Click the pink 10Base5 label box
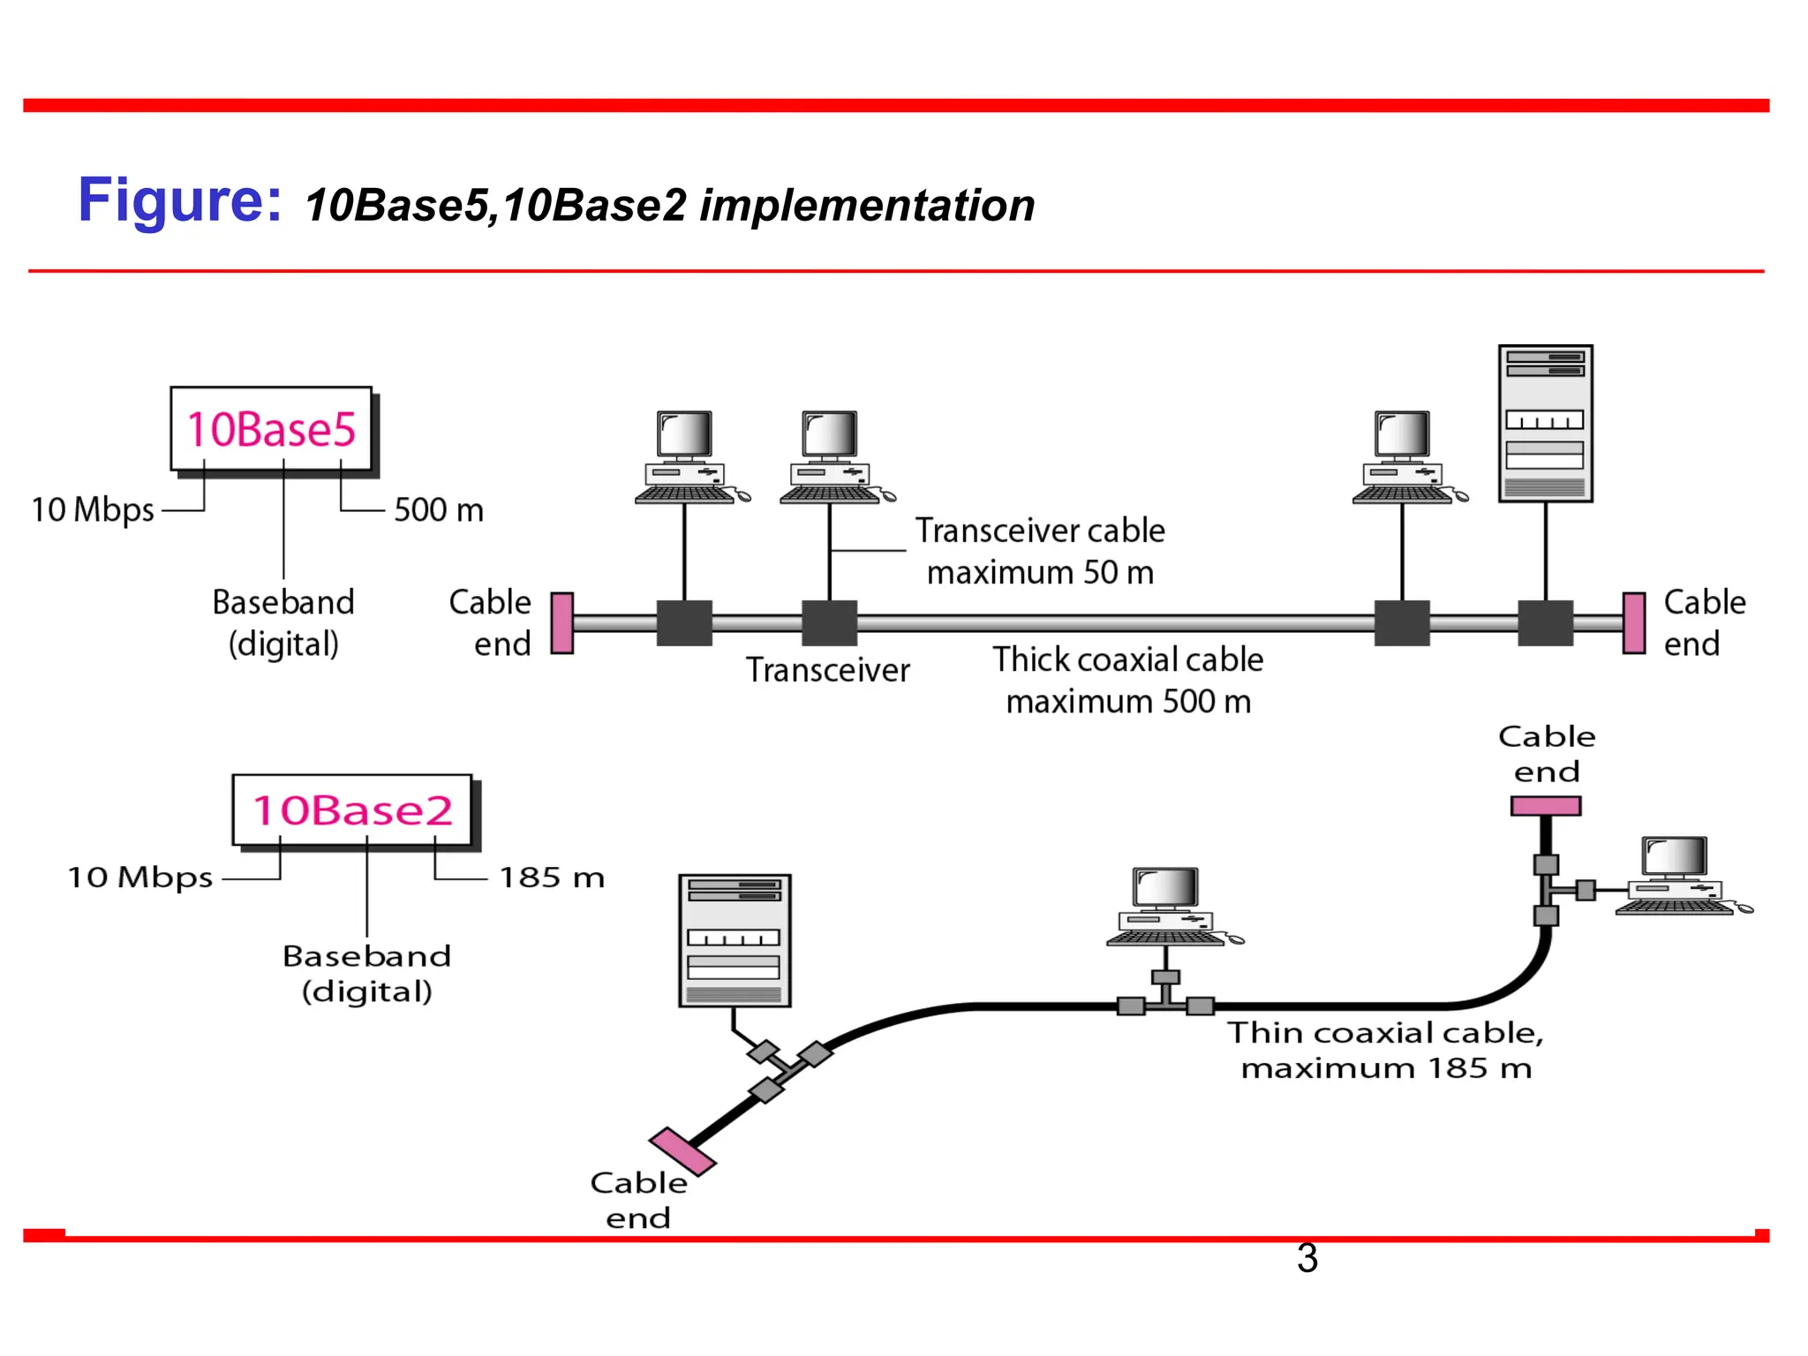271,429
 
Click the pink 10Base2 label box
351,810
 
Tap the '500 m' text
439,510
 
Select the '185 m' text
552,878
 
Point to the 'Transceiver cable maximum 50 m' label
1040,551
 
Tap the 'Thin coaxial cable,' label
1385,1033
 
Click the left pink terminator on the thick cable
562,623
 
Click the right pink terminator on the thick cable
1634,623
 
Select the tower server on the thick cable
1545,424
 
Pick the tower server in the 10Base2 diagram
734,940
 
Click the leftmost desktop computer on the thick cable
688,457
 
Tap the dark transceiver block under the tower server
1545,623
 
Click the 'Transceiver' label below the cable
827,670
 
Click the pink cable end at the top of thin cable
1545,806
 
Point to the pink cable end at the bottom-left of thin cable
682,1151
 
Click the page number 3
1307,1259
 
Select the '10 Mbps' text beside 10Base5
93,510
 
